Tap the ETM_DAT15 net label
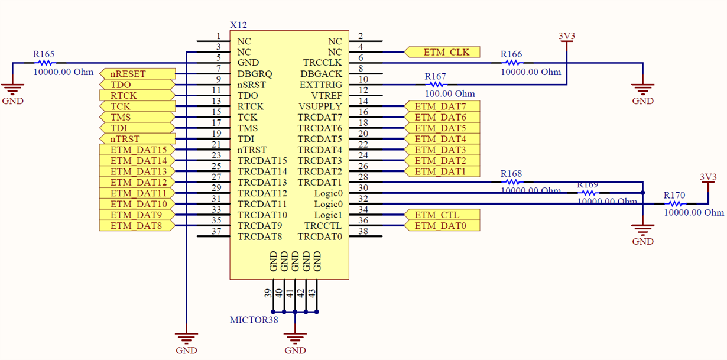pos(138,150)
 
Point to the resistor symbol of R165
pos(44,63)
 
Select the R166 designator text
pos(511,54)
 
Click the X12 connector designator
pos(238,25)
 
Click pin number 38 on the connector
pos(363,232)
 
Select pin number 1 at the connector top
pos(218,37)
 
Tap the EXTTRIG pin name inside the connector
pos(321,85)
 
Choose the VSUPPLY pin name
pos(320,106)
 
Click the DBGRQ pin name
pos(255,74)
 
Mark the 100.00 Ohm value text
pos(450,94)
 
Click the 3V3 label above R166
pos(566,36)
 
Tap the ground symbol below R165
pos(12,90)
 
